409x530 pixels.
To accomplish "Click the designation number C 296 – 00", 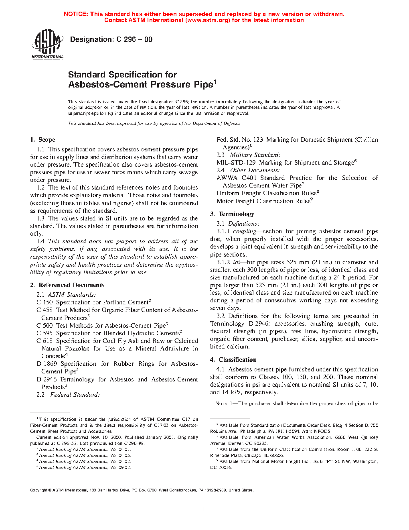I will (134, 39).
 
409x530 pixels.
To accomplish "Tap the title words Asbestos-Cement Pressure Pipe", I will (140, 84).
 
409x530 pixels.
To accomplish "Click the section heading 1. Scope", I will (43, 140).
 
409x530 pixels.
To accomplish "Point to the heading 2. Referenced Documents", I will (67, 285).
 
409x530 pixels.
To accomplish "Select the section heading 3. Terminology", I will (232, 214).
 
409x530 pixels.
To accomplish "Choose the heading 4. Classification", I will (233, 360).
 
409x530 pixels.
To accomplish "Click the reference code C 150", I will (45, 302).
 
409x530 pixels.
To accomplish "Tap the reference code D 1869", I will (47, 364).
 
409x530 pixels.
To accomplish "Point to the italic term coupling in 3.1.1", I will (245, 231).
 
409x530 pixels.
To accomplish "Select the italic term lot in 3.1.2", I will (237, 262).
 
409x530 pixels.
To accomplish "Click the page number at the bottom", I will (204, 510).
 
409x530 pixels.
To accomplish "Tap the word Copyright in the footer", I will (39, 490).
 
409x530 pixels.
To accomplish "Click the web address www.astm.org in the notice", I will (207, 20).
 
